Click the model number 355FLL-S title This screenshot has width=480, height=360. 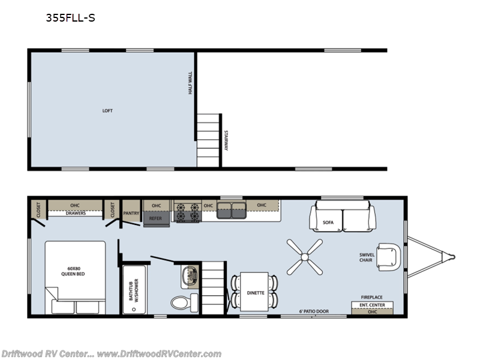70,18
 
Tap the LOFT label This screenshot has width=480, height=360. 107,110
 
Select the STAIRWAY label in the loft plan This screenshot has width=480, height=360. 226,141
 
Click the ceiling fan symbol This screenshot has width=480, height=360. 305,257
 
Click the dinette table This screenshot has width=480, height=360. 255,292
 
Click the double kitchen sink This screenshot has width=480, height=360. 232,211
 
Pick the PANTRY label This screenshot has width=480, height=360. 131,212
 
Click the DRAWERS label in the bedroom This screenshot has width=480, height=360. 75,212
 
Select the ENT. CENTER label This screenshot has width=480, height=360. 371,305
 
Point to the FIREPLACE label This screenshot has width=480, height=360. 371,298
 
